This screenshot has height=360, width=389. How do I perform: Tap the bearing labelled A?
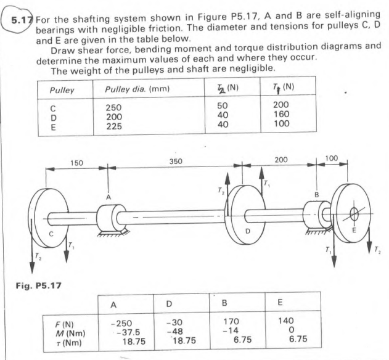111,215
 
